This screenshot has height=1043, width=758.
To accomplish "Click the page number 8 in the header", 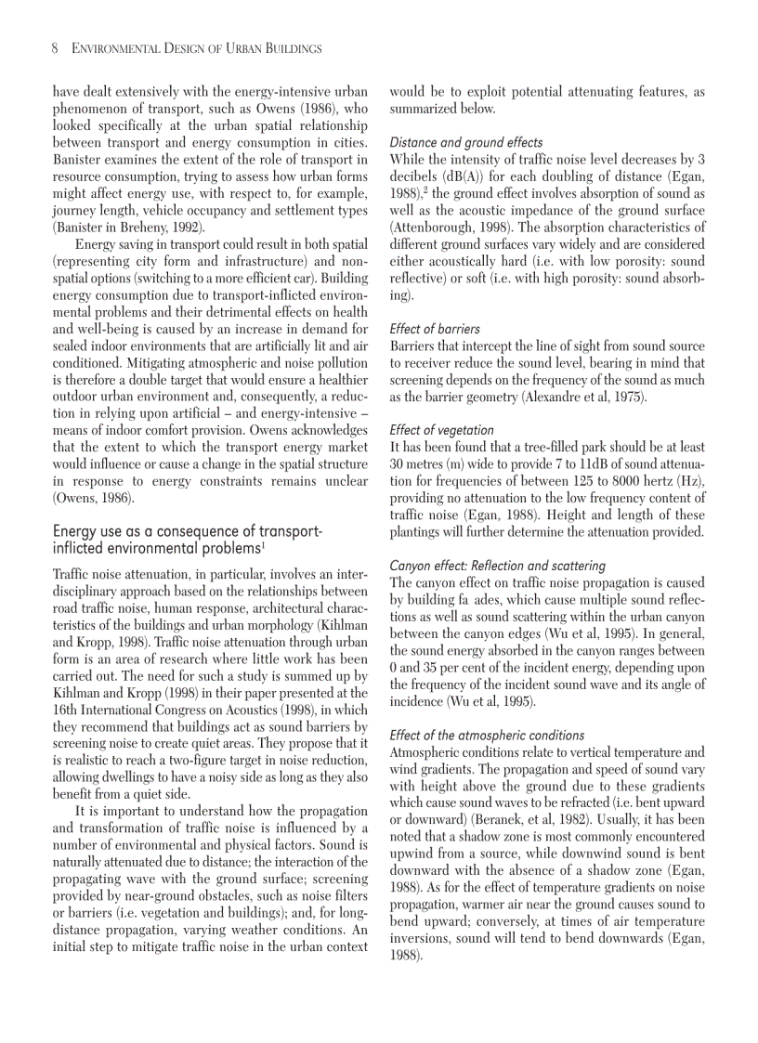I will point(56,47).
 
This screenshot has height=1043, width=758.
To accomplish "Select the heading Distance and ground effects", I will point(466,142).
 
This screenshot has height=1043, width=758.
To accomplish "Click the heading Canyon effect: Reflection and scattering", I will point(497,566).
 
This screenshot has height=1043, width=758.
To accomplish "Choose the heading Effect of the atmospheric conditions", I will point(487,735).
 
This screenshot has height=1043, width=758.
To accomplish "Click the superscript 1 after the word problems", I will point(264,544).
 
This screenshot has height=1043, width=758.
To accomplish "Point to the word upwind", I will point(412,853).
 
